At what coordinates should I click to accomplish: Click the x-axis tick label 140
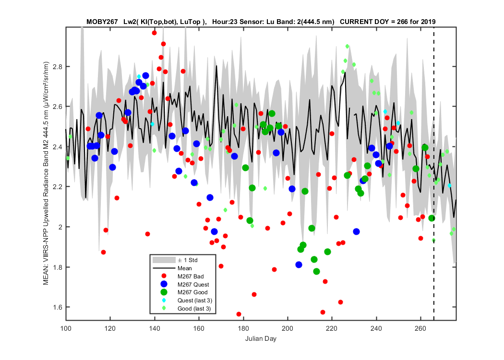click(x=155, y=328)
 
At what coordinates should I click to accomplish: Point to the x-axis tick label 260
click(x=420, y=328)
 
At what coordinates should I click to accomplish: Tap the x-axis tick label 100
click(x=66, y=328)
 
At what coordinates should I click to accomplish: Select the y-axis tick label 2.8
click(x=58, y=67)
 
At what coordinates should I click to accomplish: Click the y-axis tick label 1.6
click(x=58, y=307)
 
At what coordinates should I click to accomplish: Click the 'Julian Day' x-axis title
click(x=261, y=338)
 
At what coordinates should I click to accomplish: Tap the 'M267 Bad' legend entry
click(x=190, y=276)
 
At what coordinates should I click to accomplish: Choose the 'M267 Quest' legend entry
click(x=193, y=285)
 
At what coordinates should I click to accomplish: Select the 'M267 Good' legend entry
click(x=192, y=292)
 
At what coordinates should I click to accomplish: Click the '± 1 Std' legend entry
click(x=188, y=260)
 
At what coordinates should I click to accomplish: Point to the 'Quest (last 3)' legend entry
click(x=194, y=300)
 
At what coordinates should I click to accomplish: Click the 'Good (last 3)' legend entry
click(x=194, y=309)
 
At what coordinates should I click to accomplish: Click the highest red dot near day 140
click(x=154, y=33)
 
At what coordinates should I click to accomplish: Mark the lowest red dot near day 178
click(x=239, y=314)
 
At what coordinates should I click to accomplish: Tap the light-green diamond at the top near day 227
click(x=347, y=46)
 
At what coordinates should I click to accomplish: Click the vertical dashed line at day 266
click(x=434, y=174)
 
